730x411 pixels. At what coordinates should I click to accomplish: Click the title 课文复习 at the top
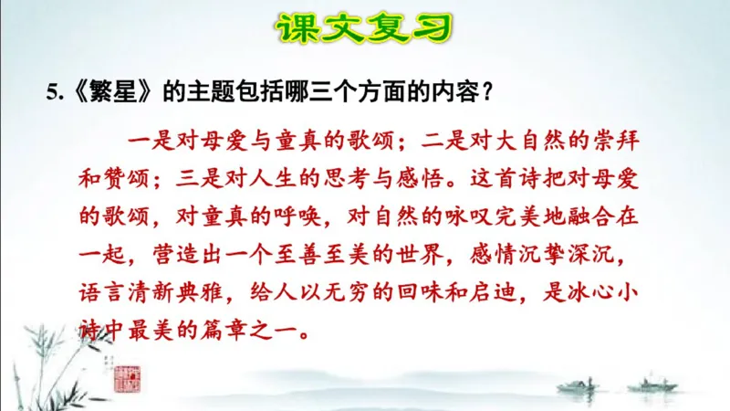(x=364, y=29)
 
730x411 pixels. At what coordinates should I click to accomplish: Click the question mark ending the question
(x=488, y=91)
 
